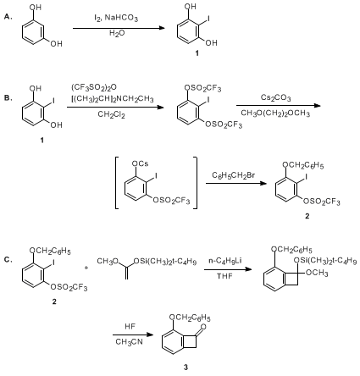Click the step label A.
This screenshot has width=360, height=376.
point(8,17)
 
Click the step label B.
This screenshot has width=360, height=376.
point(8,98)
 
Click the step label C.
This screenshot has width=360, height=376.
point(8,260)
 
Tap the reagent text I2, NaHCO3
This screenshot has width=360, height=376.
point(116,19)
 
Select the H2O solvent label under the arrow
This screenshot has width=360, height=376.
point(117,34)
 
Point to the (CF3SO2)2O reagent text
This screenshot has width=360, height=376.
point(94,88)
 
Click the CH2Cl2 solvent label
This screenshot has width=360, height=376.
point(111,114)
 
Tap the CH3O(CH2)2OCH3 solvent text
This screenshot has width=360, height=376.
point(275,113)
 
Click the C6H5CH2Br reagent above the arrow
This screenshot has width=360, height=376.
point(234,175)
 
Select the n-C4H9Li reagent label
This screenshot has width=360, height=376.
point(225,261)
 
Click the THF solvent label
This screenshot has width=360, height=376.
point(224,275)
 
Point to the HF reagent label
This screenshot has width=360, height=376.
point(130,327)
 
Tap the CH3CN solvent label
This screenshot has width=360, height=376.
point(129,342)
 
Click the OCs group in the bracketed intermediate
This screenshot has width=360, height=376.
point(141,163)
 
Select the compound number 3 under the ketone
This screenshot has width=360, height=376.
point(186,367)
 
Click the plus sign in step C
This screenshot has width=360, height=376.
point(86,268)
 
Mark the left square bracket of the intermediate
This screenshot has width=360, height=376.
point(117,183)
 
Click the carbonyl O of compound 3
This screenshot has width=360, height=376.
point(203,327)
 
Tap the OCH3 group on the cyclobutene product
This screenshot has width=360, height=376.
point(317,273)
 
